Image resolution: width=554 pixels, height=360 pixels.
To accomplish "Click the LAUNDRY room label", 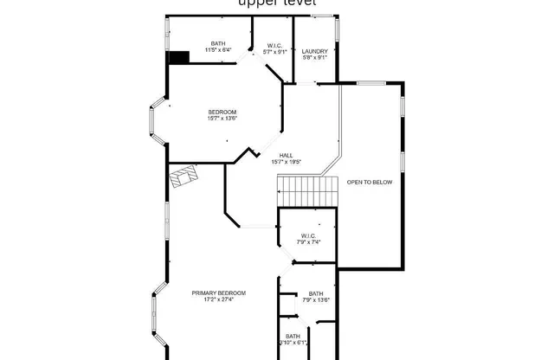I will (x=314, y=52).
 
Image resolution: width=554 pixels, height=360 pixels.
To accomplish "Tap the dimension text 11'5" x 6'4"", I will (x=218, y=51).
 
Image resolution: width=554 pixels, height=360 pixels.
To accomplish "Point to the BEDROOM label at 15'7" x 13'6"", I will (x=222, y=112).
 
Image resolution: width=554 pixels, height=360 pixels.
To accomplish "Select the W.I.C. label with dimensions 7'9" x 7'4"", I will (x=308, y=236).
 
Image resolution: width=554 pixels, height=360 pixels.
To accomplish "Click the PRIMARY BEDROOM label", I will (x=218, y=293).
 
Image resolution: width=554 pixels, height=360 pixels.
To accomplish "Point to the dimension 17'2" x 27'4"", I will (x=218, y=300).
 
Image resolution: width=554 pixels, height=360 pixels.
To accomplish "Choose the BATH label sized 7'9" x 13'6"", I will (x=316, y=294).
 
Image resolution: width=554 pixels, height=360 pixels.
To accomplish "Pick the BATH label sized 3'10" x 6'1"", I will (x=293, y=336).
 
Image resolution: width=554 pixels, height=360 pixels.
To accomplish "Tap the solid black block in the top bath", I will (x=178, y=57).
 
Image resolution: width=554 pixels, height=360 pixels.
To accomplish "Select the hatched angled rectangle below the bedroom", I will (x=184, y=177).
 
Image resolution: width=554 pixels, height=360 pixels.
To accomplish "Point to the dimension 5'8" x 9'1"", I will (x=314, y=59).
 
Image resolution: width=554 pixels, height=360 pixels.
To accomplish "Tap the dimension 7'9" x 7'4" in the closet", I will (x=308, y=243).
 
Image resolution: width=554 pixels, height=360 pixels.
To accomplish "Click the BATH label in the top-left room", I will (x=218, y=44).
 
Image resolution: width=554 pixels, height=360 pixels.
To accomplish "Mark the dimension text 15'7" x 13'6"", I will (x=222, y=119).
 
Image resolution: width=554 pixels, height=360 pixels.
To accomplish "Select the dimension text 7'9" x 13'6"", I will (x=316, y=301).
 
